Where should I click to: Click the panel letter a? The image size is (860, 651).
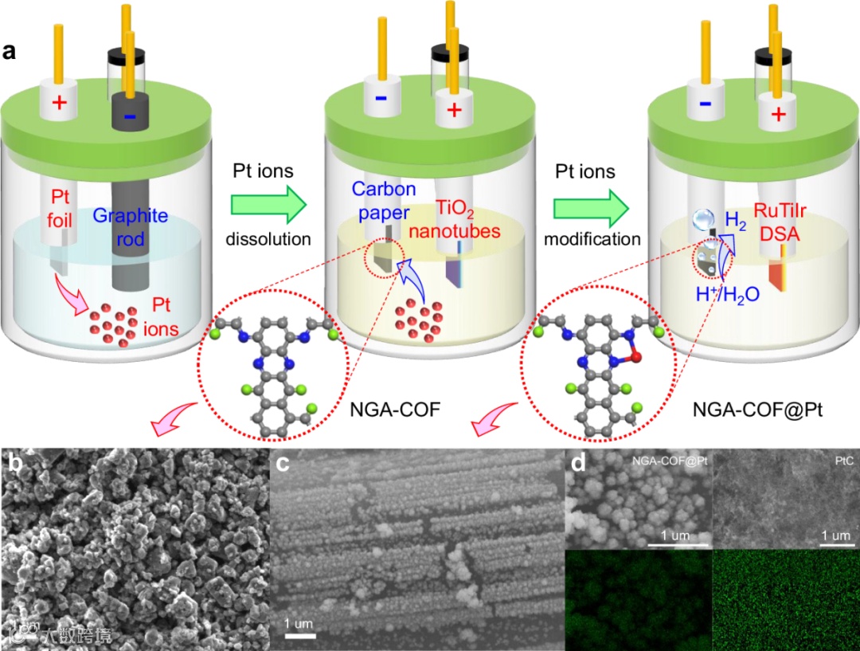point(10,53)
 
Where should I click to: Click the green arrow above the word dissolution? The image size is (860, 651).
point(269,206)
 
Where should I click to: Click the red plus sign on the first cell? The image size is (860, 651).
point(61,104)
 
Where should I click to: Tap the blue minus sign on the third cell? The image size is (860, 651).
point(703,104)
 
